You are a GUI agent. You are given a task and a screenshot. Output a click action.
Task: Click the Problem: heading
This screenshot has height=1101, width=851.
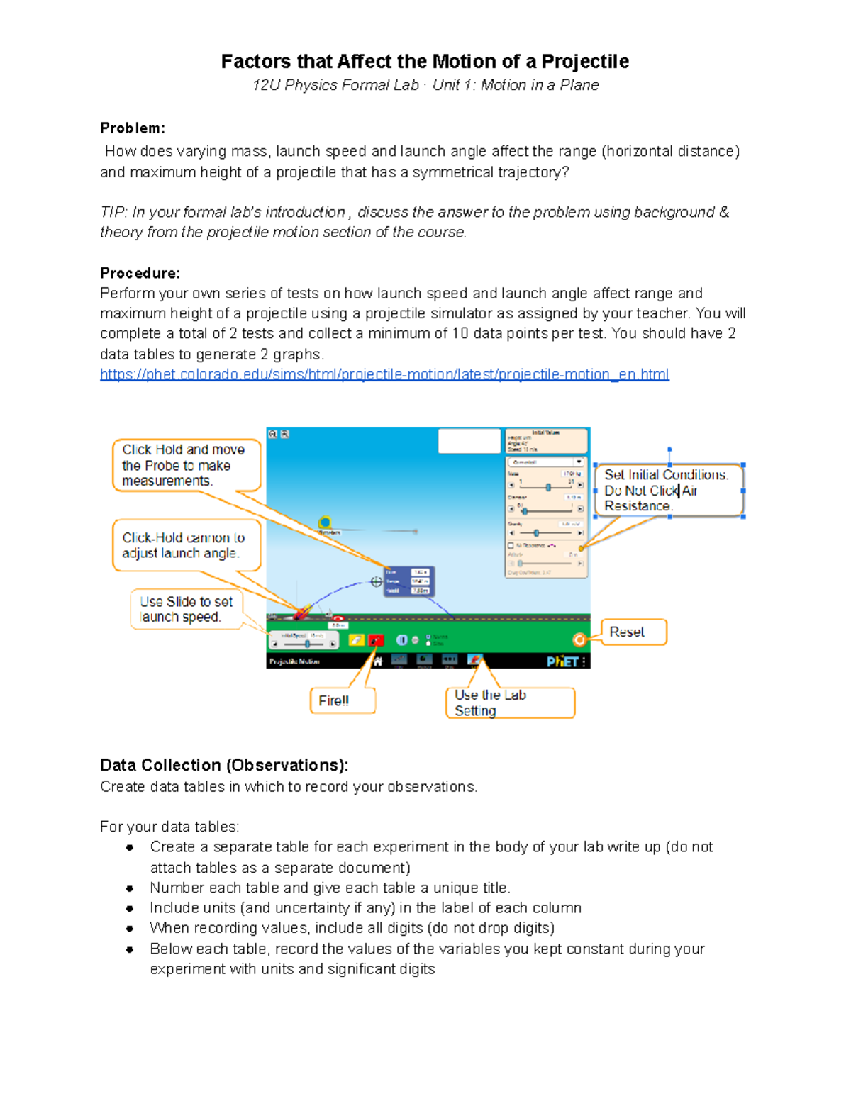click(132, 128)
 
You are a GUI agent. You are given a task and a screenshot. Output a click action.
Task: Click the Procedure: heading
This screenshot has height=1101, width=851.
click(140, 273)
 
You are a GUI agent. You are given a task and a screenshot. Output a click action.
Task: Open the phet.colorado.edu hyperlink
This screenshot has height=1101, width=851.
click(384, 374)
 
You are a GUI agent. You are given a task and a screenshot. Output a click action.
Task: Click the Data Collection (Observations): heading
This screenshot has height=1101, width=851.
click(224, 765)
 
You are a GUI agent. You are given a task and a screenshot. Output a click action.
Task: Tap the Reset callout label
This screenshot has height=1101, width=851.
click(633, 632)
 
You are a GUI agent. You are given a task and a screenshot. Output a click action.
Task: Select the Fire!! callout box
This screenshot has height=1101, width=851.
click(342, 700)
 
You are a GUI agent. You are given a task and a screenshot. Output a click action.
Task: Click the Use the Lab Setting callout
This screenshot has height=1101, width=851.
click(509, 703)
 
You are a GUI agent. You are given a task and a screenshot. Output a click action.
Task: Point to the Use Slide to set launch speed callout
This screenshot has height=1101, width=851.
click(187, 609)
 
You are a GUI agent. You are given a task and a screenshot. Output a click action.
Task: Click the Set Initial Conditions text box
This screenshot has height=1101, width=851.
click(669, 490)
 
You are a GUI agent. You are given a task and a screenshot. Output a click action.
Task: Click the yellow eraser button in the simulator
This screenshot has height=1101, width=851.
click(356, 640)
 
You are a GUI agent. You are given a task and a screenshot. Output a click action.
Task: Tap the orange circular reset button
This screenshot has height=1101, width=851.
click(579, 640)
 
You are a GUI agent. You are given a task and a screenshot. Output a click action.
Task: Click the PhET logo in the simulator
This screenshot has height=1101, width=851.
click(562, 661)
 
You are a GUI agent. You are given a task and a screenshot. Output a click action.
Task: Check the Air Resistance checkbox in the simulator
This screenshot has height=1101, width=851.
click(511, 545)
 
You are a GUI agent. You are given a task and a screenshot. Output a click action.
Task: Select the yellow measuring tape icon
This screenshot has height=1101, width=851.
click(325, 523)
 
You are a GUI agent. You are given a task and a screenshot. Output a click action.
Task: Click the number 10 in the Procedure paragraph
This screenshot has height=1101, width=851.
click(460, 333)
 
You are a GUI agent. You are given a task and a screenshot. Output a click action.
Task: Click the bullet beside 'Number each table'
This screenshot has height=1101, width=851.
click(130, 888)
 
